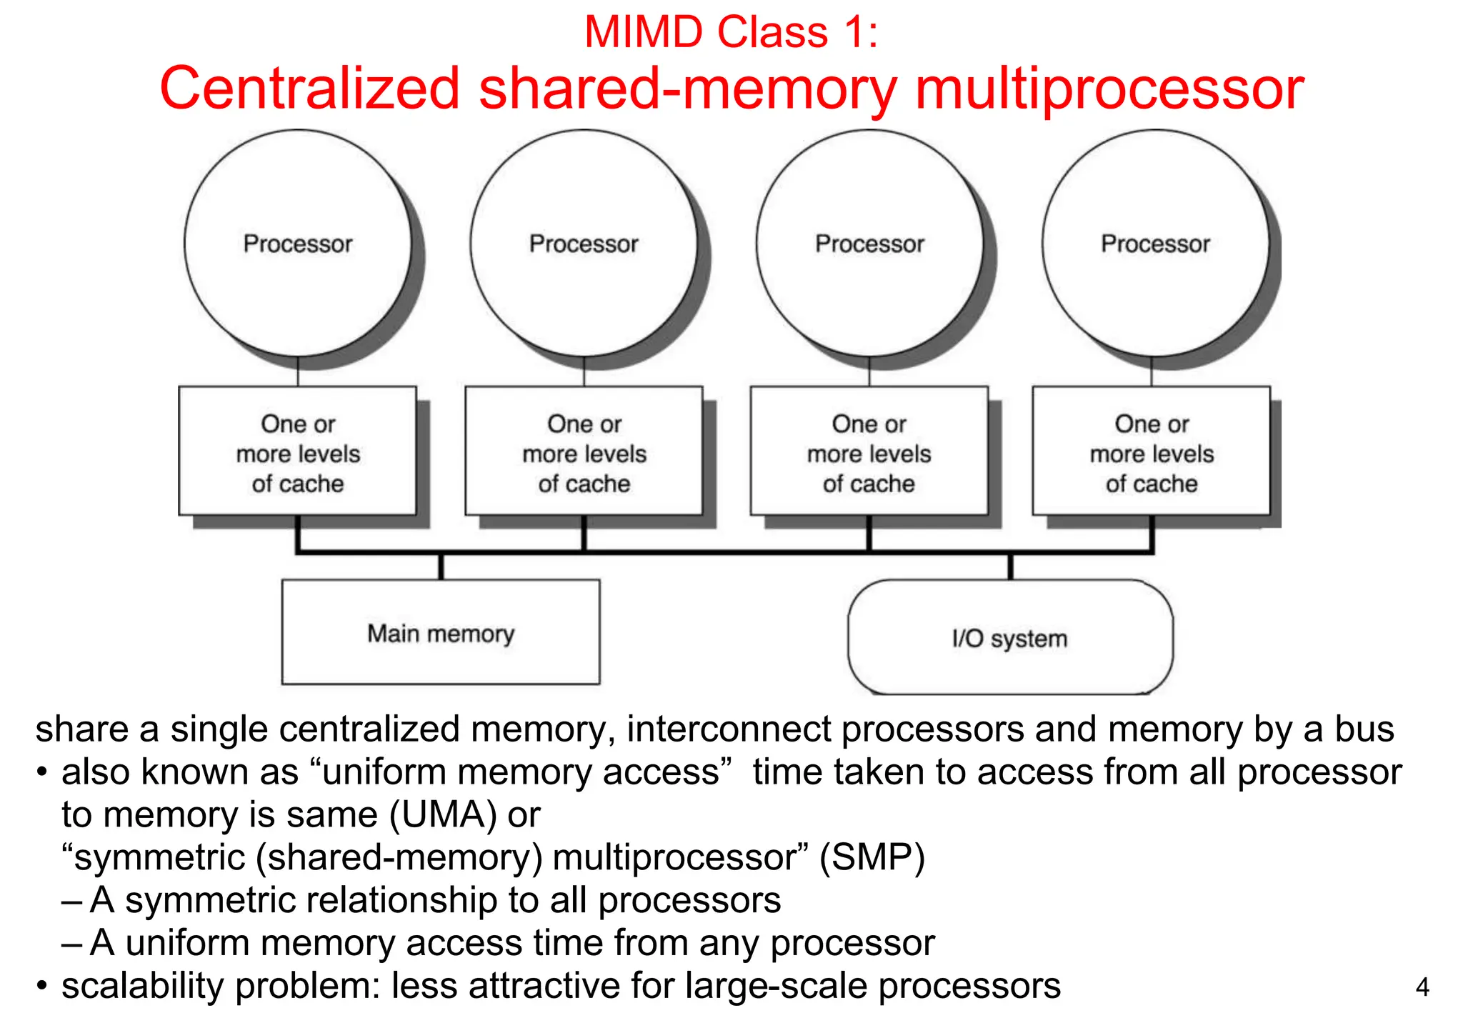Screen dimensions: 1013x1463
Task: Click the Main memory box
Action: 441,632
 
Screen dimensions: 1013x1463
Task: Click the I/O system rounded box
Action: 1009,637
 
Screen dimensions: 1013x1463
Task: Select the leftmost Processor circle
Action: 298,243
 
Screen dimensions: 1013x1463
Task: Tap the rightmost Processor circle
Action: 1155,243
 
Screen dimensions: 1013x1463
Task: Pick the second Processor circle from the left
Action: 584,243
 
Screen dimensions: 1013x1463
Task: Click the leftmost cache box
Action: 298,451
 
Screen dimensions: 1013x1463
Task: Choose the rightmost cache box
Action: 1152,451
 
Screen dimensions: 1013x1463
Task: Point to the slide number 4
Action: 1422,987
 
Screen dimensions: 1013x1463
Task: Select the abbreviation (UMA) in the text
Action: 443,814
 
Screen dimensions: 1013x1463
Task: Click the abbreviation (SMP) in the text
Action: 872,857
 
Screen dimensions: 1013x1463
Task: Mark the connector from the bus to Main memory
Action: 441,566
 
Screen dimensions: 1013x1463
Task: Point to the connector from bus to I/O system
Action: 1010,566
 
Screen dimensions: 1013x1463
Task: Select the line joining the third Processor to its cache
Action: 869,371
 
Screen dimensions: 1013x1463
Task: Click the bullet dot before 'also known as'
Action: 43,772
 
